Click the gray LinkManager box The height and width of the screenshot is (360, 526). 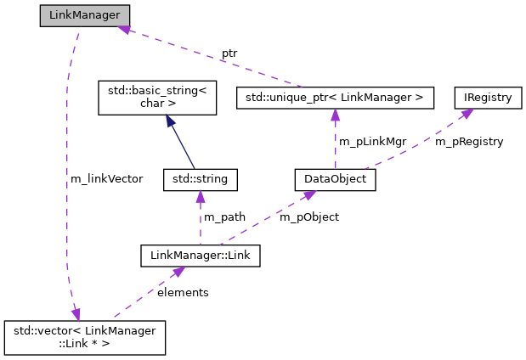85,16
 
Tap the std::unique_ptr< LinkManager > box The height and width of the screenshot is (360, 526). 334,98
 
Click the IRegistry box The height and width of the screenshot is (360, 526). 487,98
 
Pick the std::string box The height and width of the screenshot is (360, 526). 200,180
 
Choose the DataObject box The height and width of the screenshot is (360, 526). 334,180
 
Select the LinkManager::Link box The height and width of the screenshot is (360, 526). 200,254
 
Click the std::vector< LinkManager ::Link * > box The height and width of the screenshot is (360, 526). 84,336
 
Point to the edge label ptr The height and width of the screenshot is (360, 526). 229,53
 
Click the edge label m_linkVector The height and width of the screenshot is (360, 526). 107,178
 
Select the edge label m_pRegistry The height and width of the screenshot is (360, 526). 469,141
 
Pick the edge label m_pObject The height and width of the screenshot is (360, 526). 309,217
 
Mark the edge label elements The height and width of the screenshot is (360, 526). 183,291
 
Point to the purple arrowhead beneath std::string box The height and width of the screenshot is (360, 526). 200,198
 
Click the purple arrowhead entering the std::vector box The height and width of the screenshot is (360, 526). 75,313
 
